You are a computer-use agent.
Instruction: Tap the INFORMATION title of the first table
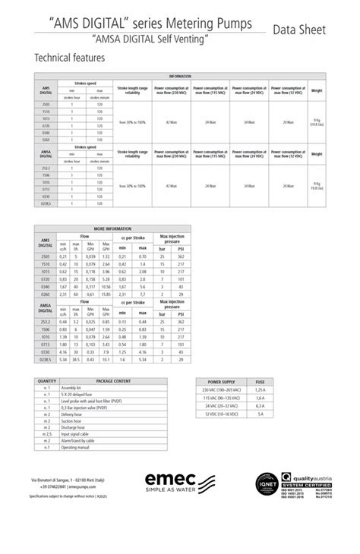[x=180, y=77]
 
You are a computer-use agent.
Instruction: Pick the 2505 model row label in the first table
[x=46, y=104]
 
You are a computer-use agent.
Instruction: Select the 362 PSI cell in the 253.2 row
[x=181, y=322]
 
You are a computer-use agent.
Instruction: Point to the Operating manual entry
[x=76, y=448]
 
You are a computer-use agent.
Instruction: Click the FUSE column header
[x=260, y=381]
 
